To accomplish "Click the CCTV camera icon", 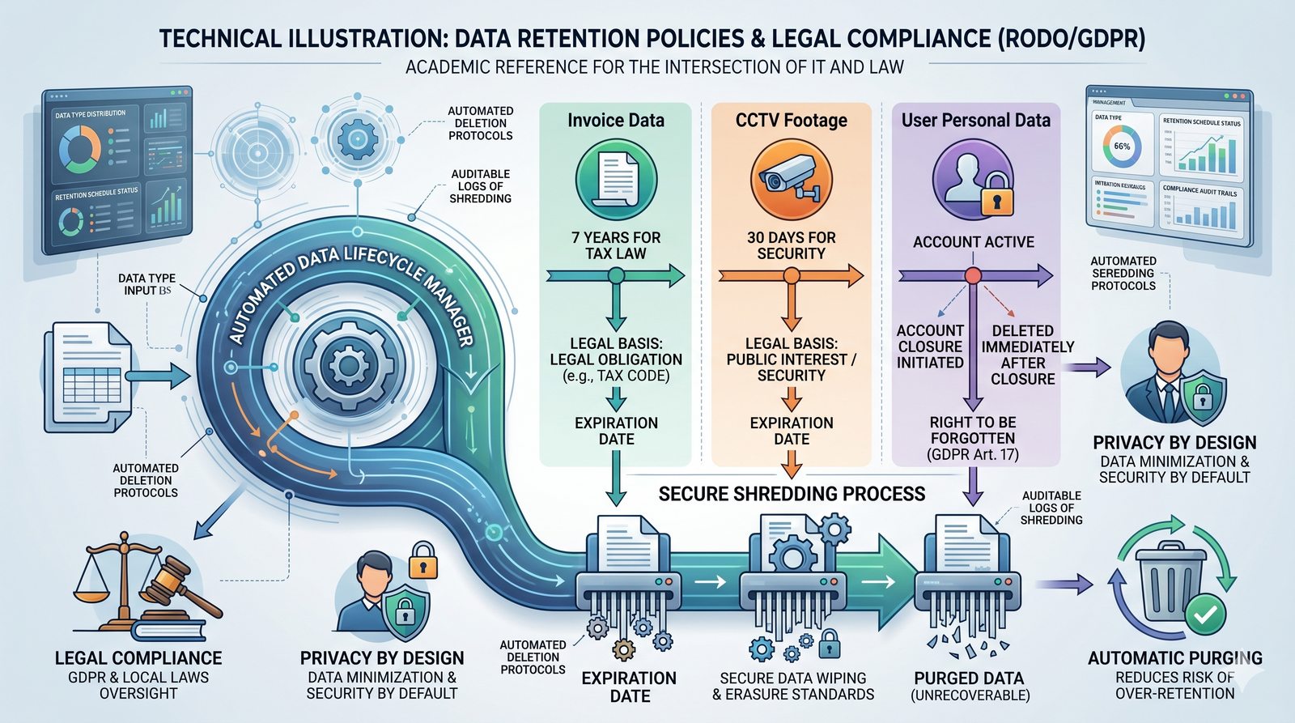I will click(x=791, y=180).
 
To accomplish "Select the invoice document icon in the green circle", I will click(x=616, y=179).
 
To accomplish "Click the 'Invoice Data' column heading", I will click(x=615, y=121).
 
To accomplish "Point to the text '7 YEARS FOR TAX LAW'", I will click(x=616, y=245).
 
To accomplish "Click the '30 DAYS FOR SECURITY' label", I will click(x=791, y=245).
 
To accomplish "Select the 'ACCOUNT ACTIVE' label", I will click(x=973, y=242).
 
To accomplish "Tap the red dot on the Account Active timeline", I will click(x=973, y=276).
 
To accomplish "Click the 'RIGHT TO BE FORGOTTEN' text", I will click(x=973, y=430).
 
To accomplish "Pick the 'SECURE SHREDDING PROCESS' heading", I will click(x=792, y=494).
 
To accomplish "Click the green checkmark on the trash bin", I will click(x=1204, y=615).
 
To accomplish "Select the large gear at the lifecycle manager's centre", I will click(x=349, y=365).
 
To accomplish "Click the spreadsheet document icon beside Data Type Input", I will click(x=88, y=373).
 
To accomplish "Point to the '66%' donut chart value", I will click(x=1122, y=147).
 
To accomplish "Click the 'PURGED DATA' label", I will click(x=969, y=678).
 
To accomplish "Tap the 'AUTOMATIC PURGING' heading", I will click(x=1174, y=658).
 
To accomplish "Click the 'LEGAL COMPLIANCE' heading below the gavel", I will click(x=138, y=658).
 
